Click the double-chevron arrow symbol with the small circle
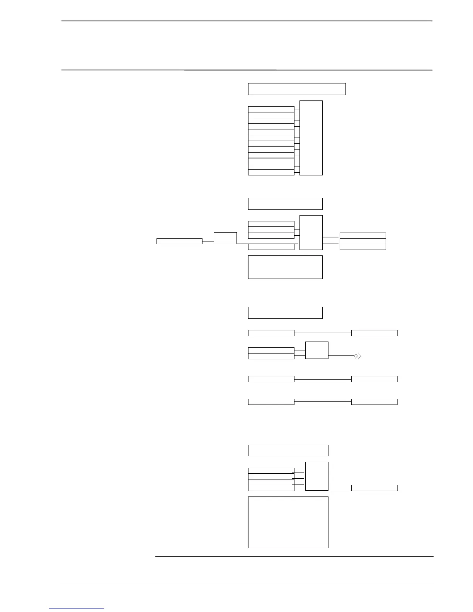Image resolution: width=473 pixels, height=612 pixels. [357, 356]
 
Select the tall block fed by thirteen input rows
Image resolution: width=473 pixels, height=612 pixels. [311, 138]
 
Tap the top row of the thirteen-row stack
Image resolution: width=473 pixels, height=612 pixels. [271, 109]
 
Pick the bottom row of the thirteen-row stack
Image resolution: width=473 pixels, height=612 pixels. [271, 172]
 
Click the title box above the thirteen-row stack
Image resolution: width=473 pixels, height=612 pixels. [296, 89]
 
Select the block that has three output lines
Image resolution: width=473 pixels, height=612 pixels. [311, 233]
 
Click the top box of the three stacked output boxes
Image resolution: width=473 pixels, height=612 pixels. [362, 236]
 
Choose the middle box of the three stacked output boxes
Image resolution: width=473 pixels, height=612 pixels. [362, 241]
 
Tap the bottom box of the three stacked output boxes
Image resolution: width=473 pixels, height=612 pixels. [362, 247]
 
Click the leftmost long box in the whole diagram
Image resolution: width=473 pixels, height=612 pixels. [179, 241]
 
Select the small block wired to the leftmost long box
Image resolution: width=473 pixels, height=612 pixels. [225, 238]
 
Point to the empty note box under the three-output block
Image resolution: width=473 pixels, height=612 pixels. [285, 267]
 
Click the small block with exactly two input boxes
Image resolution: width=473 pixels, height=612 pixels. [317, 350]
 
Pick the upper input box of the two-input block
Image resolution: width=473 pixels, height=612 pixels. [271, 350]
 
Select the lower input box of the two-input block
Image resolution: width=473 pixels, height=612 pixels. [271, 356]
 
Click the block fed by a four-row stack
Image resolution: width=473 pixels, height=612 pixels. [317, 476]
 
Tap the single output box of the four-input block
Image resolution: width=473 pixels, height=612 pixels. [374, 488]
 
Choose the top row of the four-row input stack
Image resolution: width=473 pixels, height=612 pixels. [271, 471]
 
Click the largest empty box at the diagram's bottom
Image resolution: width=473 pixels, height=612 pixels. [288, 522]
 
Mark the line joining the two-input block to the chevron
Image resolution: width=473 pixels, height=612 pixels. [341, 355]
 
